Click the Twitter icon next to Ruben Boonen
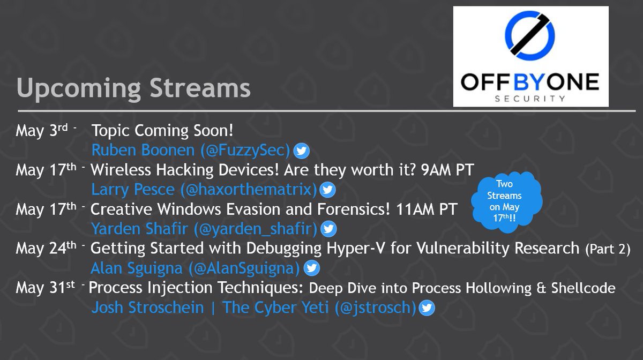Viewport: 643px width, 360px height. point(302,151)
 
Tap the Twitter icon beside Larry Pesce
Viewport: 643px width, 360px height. point(328,190)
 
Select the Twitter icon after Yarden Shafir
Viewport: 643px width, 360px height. point(328,229)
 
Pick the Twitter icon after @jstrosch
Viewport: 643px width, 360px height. point(427,308)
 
